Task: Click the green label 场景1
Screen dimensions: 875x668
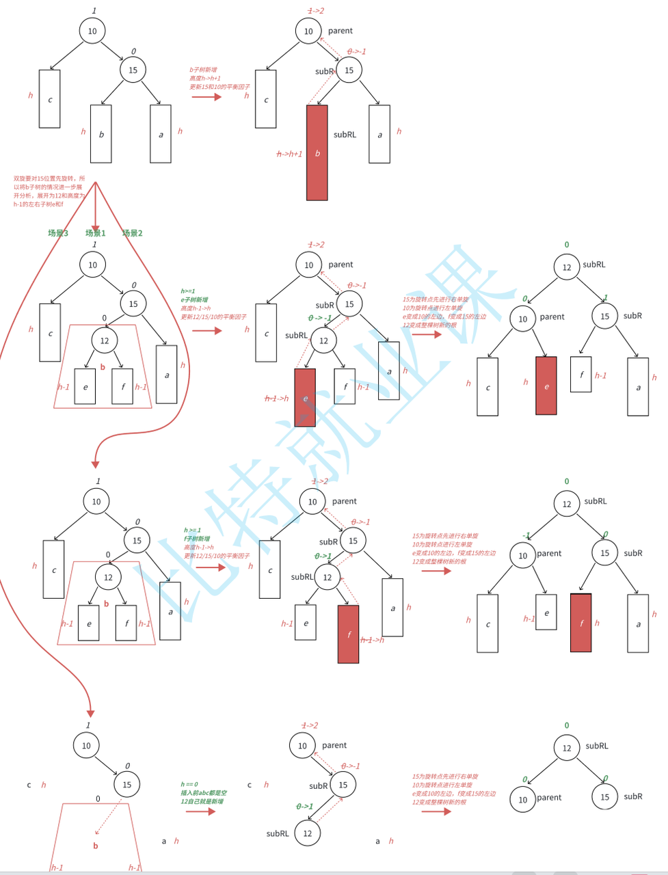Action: pyautogui.click(x=95, y=233)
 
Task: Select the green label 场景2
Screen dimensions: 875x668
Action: pyautogui.click(x=133, y=233)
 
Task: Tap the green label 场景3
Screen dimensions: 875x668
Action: pyautogui.click(x=58, y=233)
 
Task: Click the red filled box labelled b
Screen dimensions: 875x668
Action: pyautogui.click(x=317, y=152)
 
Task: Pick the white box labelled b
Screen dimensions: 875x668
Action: pyautogui.click(x=101, y=134)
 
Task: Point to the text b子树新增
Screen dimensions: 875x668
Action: pyautogui.click(x=203, y=70)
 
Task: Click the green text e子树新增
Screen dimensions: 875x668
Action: pyautogui.click(x=194, y=299)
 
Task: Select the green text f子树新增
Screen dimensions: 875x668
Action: pyautogui.click(x=197, y=539)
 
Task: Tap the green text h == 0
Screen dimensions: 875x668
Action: pyautogui.click(x=189, y=785)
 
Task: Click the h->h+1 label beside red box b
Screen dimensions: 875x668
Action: pyautogui.click(x=289, y=154)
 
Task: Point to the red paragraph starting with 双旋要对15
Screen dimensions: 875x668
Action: pyautogui.click(x=49, y=191)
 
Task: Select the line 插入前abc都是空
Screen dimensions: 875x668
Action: pyautogui.click(x=204, y=793)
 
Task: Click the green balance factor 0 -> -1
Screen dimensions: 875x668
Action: pyautogui.click(x=319, y=318)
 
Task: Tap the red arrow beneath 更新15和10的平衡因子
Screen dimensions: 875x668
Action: pyautogui.click(x=206, y=97)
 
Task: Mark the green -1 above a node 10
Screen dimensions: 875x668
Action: pyautogui.click(x=526, y=535)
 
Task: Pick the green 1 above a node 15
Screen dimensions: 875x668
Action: pyautogui.click(x=605, y=298)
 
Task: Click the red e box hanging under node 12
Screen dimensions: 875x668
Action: pyautogui.click(x=305, y=397)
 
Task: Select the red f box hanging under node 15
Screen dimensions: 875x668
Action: pyautogui.click(x=581, y=623)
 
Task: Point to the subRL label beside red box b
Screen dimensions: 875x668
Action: pyautogui.click(x=345, y=135)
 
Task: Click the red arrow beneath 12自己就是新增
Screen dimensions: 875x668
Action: pyautogui.click(x=201, y=811)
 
